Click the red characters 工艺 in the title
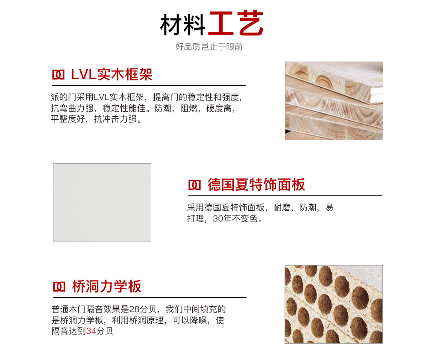[x=236, y=23]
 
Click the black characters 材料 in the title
[x=183, y=24]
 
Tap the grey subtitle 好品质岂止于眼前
[x=209, y=47]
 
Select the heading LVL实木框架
[x=112, y=74]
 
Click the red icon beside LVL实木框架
[x=58, y=75]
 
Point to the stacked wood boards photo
[x=334, y=101]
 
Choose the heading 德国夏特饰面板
[x=256, y=185]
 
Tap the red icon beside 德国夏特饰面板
[x=194, y=185]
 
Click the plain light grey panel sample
[x=102, y=203]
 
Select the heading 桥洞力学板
[x=106, y=286]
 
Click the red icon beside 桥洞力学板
[x=59, y=286]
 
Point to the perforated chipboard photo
[x=334, y=304]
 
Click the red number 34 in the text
[x=91, y=331]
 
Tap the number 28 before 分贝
[x=134, y=309]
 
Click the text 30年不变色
[x=235, y=218]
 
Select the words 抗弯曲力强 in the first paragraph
[x=72, y=108]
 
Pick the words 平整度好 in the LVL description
[x=68, y=119]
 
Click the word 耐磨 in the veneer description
[x=282, y=207]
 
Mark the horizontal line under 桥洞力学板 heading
[x=150, y=298]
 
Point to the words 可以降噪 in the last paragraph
[x=190, y=320]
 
